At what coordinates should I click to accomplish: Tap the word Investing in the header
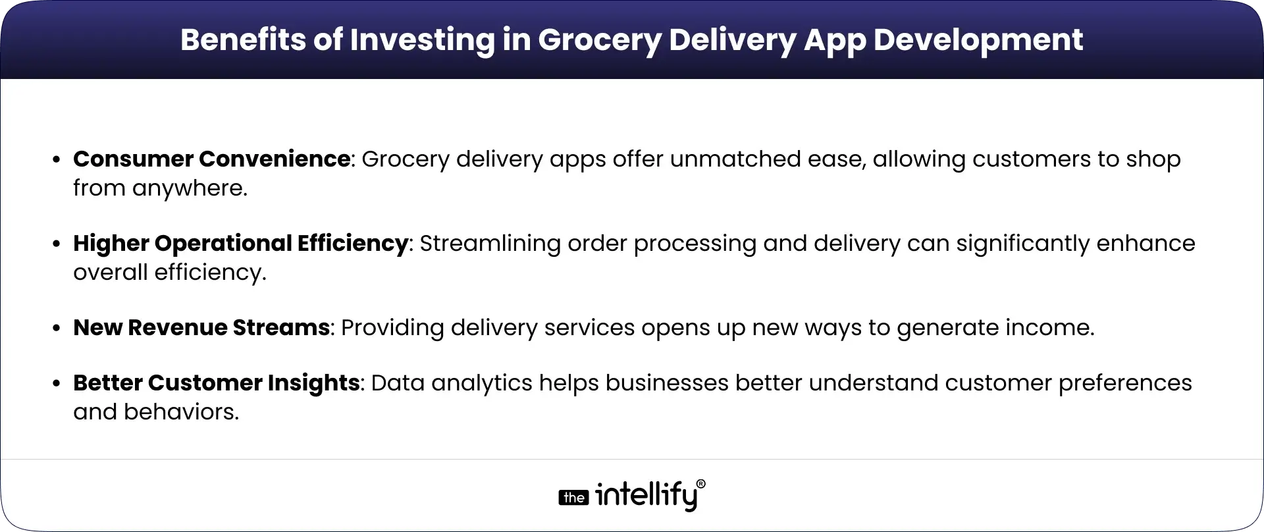[x=422, y=40]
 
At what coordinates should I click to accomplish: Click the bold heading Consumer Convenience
[x=211, y=159]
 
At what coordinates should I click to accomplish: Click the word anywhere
[x=190, y=188]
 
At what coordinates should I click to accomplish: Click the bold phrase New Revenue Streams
[x=201, y=327]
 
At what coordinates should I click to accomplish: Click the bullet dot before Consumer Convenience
[x=58, y=160]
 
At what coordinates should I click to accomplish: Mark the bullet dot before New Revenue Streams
[x=58, y=329]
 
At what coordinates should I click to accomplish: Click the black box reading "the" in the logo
[x=573, y=498]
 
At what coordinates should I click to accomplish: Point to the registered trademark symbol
[x=700, y=484]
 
